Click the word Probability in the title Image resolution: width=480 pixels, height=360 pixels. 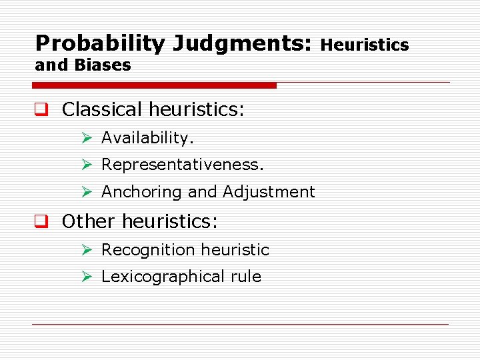click(100, 44)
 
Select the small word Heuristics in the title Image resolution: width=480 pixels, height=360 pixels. click(365, 45)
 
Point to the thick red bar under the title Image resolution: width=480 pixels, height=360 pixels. click(155, 85)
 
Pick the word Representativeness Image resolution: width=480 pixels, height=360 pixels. click(183, 164)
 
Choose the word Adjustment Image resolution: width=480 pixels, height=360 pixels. click(269, 192)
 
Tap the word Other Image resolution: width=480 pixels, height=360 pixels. click(89, 221)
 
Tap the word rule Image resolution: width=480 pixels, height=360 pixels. click(247, 277)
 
